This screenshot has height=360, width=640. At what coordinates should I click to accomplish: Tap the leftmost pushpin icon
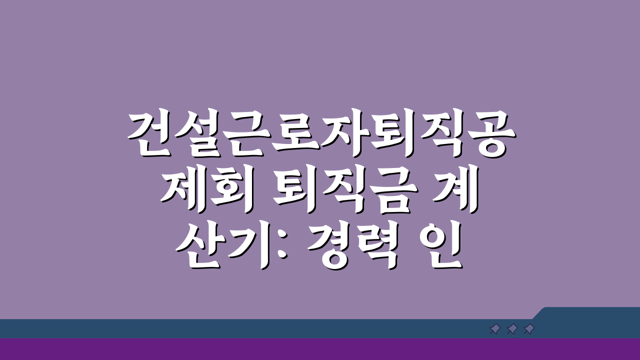[495, 329]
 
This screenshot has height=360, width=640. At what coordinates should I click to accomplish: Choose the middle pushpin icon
[512, 329]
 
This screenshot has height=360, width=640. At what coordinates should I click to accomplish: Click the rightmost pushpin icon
[529, 329]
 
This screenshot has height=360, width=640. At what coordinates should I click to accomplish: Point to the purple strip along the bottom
[320, 349]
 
